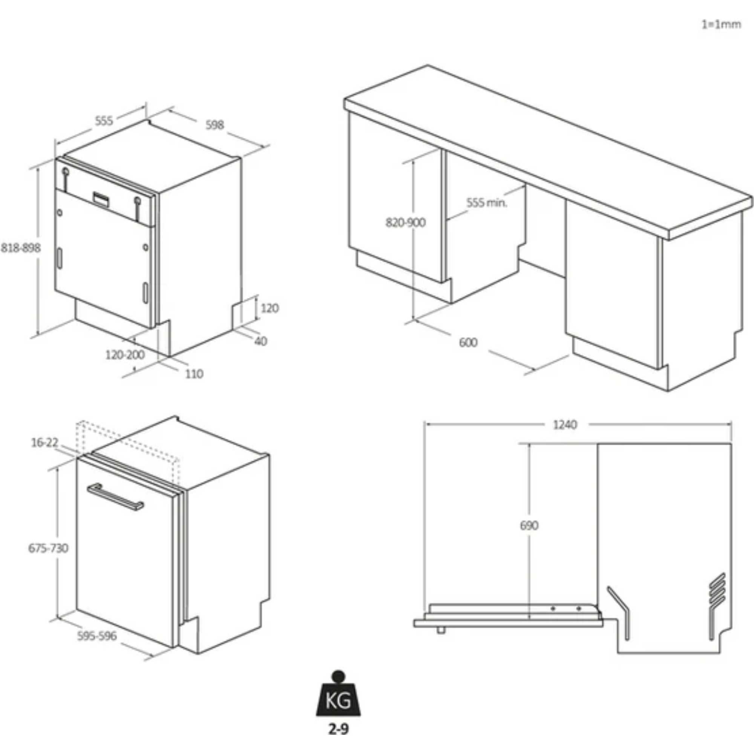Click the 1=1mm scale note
721,24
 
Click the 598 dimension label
214,125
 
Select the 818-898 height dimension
21,247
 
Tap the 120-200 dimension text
125,355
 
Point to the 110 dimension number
193,374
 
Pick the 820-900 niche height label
406,222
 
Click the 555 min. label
487,202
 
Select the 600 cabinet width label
468,342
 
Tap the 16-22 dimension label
44,443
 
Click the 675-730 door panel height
48,548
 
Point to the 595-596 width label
97,636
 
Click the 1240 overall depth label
565,425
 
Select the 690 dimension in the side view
529,526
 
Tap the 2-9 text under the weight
338,729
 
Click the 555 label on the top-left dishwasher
104,121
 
